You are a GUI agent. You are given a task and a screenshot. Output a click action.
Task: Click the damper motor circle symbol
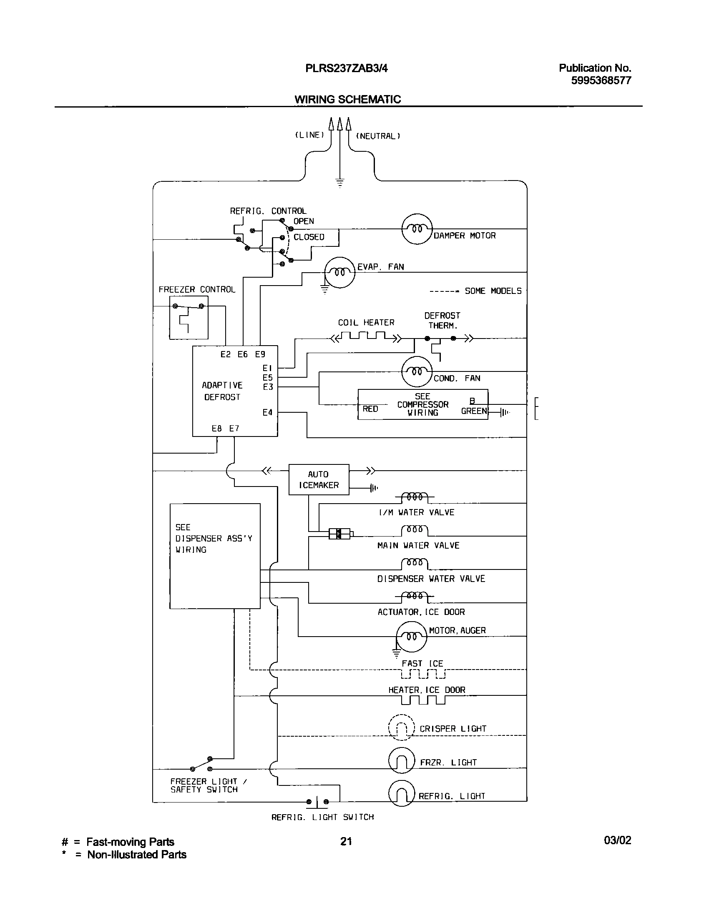coord(417,229)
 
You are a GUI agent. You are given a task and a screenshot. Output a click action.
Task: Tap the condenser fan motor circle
coord(417,371)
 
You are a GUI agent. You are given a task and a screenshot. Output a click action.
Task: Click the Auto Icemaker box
coord(319,479)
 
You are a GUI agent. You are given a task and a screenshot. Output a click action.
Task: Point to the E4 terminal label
coord(267,412)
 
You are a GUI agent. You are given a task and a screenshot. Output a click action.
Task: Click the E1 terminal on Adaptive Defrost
coord(267,368)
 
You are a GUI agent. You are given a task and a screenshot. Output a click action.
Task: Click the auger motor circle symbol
coord(412,636)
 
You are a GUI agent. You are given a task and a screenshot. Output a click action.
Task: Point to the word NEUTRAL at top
coord(378,136)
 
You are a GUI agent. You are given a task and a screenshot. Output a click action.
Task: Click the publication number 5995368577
coord(601,80)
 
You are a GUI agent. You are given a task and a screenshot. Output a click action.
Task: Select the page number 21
coord(346,841)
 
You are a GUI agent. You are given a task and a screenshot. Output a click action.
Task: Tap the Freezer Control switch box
coord(189,317)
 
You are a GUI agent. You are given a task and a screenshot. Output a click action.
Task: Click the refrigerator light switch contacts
coord(317,801)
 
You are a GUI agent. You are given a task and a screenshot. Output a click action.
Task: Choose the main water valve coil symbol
coord(415,530)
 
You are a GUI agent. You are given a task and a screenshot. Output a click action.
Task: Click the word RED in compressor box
coord(370,409)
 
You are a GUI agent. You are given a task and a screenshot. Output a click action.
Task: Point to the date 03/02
coord(617,840)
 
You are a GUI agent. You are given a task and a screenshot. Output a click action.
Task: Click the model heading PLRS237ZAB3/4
coord(347,68)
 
